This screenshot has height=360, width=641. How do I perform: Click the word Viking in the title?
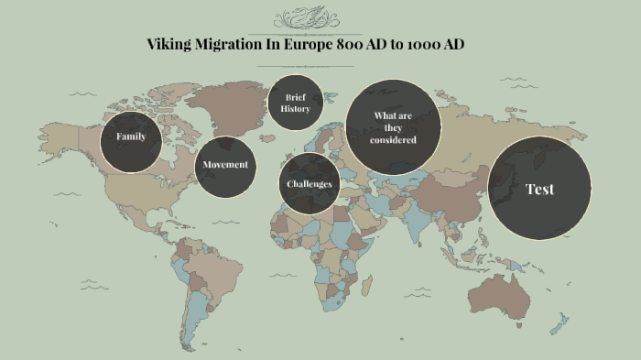169,45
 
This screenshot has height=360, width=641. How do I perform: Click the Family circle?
131,136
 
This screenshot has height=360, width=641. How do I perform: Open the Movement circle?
225,165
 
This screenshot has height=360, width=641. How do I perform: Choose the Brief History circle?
296,103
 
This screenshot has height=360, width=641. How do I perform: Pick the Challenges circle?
309,183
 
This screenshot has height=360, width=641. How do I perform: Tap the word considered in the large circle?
394,140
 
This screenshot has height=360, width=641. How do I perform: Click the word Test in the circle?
539,190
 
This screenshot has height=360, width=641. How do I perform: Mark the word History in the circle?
296,109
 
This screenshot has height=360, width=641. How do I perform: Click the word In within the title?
288,45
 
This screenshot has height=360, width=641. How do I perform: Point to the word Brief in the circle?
296,96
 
